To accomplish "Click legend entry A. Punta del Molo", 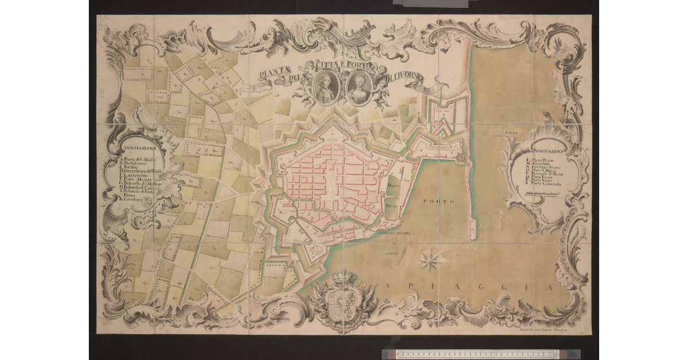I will click(138, 159).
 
